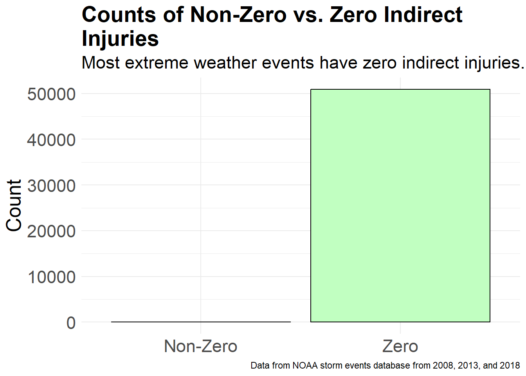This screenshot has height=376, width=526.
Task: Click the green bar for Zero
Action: (400, 205)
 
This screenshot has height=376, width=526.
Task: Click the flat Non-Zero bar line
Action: (201, 322)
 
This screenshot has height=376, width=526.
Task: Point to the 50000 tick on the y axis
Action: (51, 94)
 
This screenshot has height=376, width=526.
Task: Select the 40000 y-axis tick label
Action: (51, 140)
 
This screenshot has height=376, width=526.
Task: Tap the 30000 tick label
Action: (51, 186)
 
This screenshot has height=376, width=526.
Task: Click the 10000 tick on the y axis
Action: (51, 277)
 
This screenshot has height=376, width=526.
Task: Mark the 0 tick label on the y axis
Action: (71, 323)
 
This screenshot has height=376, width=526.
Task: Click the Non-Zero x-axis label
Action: (201, 346)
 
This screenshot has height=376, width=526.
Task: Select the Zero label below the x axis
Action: (400, 346)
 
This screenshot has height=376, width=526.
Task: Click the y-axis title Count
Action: (14, 205)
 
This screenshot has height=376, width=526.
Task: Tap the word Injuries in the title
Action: (120, 39)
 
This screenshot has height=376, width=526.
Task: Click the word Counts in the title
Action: (119, 15)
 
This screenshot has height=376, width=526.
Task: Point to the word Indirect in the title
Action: (423, 15)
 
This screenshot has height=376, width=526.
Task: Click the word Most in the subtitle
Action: (101, 63)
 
